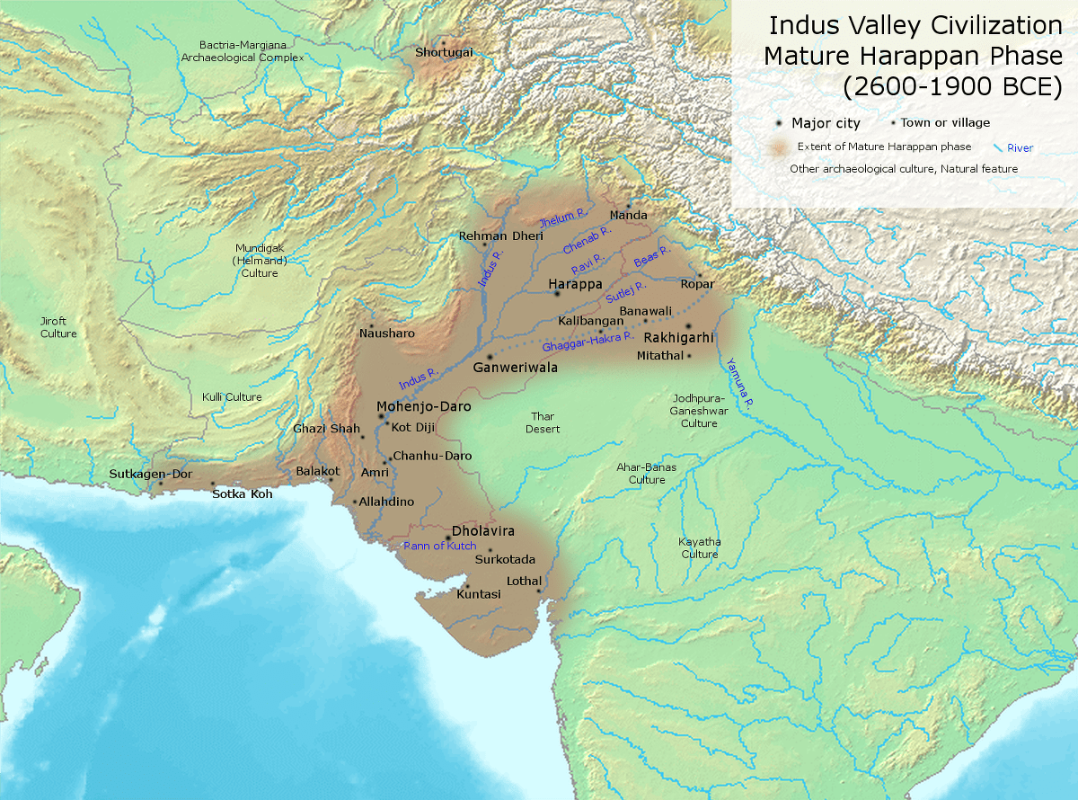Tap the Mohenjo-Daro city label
(x=411, y=406)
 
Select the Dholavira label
(x=483, y=530)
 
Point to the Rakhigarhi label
(x=679, y=339)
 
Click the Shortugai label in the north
(x=442, y=52)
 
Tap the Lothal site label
(x=525, y=581)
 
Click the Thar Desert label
(x=543, y=422)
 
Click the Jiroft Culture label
(x=58, y=327)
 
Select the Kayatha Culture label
(x=700, y=547)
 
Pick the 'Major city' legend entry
(x=825, y=123)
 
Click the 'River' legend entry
(x=1019, y=147)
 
